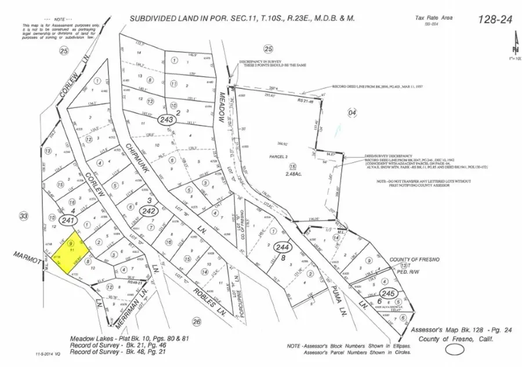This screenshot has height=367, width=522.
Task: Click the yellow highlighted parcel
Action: (72, 253)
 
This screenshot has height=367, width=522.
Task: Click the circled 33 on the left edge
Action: (24, 216)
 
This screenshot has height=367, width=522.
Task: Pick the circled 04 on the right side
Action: (351, 112)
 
